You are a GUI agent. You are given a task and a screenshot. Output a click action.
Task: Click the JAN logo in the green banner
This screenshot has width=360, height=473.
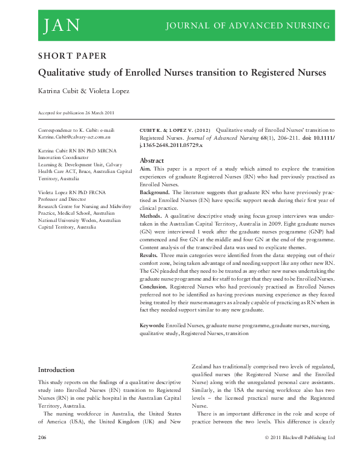61,25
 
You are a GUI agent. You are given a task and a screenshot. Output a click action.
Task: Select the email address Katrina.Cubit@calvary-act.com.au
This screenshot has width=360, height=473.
76,137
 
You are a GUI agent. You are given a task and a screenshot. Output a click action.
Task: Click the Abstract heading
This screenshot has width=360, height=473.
152,160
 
